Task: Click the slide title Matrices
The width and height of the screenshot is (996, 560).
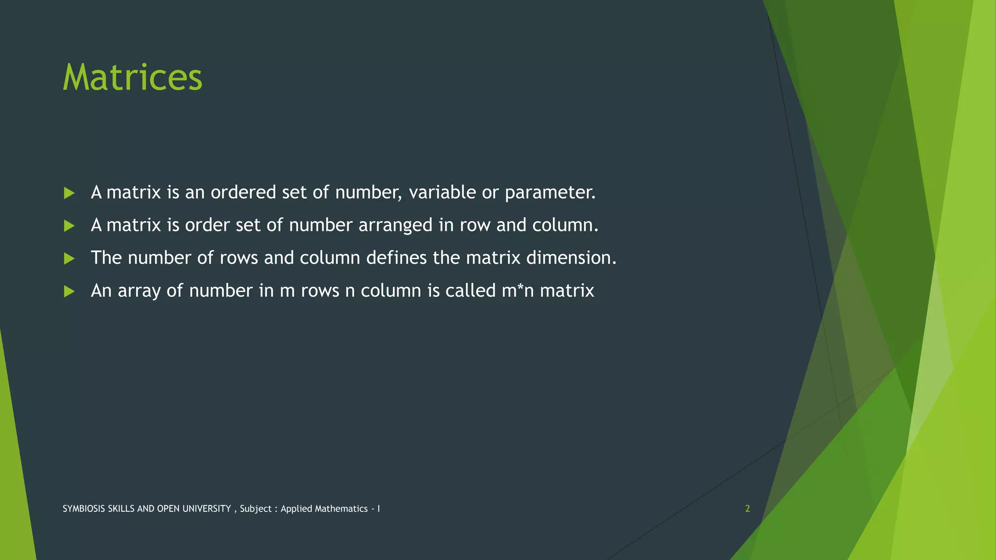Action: pos(132,77)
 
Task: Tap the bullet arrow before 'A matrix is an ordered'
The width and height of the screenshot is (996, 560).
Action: pos(69,193)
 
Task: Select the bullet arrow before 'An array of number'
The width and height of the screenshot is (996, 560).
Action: pos(69,291)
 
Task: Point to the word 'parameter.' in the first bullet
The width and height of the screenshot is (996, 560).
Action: pos(550,193)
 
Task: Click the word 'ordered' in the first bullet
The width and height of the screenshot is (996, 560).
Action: pos(243,192)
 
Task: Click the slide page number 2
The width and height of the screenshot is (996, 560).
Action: pos(747,508)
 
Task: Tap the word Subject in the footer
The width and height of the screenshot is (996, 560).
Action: pos(256,509)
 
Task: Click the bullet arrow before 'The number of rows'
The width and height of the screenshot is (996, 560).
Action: pos(69,258)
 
